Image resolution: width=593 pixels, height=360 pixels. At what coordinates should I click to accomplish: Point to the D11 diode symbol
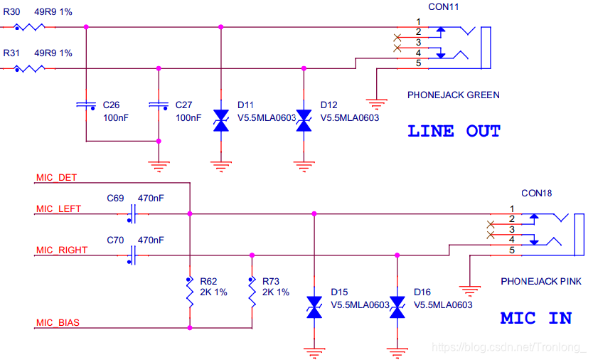(x=220, y=120)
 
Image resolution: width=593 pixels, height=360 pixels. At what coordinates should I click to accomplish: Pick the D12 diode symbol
(x=304, y=120)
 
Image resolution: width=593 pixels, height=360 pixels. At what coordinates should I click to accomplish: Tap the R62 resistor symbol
(x=189, y=292)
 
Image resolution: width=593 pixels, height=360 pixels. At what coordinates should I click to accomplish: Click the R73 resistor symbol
(x=251, y=292)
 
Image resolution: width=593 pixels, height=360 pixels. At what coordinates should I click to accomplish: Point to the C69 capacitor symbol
(x=133, y=213)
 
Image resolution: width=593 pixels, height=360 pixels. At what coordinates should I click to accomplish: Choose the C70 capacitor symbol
(x=133, y=255)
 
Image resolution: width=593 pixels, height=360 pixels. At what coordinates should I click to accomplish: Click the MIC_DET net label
(x=56, y=177)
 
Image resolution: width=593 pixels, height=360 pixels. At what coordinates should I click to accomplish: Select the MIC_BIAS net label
(x=58, y=323)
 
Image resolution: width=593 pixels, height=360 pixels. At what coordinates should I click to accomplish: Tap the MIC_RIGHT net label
(x=61, y=250)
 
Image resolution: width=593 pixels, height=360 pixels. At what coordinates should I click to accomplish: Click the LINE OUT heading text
(x=454, y=132)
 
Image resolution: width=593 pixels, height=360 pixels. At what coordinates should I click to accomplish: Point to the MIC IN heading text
(x=535, y=318)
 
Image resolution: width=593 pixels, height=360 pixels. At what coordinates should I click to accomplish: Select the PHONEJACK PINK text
(x=541, y=282)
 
